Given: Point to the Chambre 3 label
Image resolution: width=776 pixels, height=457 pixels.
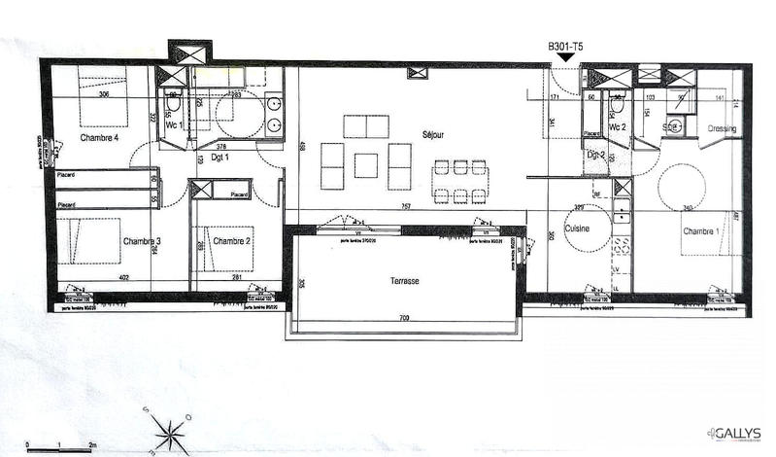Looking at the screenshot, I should point(142,241).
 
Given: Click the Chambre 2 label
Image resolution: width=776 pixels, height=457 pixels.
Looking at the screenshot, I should point(232,241).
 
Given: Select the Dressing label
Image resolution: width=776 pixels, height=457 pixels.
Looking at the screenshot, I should point(722,128).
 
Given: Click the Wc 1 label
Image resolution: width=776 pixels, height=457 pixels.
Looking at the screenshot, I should point(174,126).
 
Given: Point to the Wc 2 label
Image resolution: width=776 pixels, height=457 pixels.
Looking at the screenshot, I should point(617,127).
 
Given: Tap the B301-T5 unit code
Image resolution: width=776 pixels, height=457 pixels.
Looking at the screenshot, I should point(565,47).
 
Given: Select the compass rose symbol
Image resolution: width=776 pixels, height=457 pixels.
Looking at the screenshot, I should point(169,428).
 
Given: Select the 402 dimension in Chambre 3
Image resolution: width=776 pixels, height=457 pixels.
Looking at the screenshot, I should point(124,277).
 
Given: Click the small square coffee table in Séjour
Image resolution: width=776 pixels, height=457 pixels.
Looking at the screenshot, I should point(365,165).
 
